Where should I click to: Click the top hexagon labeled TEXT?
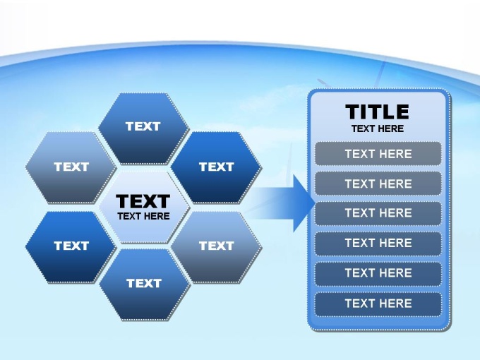point(143,128)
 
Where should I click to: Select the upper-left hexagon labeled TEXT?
point(71,167)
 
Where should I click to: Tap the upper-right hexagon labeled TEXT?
point(216,167)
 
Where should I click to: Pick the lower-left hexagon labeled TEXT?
point(71,247)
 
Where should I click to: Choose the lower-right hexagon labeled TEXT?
point(216,247)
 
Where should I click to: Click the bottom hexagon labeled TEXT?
point(145,284)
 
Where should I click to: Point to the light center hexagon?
point(144,208)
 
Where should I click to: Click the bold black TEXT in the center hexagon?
point(143,201)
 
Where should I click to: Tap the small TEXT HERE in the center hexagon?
point(143,216)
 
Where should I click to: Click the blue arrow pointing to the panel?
point(280,203)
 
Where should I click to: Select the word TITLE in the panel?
point(377,112)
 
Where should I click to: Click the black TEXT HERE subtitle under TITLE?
point(378,128)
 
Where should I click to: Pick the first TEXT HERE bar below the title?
point(378,154)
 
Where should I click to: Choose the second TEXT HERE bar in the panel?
point(378,184)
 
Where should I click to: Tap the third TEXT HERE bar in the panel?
point(378,213)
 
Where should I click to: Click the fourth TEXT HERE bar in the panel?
point(378,244)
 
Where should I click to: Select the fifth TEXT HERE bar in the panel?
point(378,273)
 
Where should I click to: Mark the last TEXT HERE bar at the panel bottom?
point(378,304)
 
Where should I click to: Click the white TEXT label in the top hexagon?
point(143,126)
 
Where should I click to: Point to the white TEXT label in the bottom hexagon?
point(144,284)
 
